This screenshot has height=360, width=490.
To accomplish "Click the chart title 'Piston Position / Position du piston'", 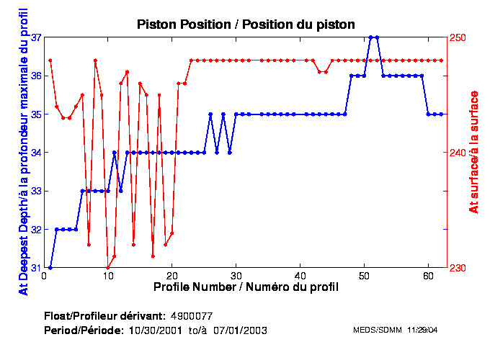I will coord(246,24).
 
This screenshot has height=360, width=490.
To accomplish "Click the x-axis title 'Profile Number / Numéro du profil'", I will coord(246,287).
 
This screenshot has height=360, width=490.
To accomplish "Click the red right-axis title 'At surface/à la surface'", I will coord(473,152).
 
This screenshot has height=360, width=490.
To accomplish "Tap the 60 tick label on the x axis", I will coord(428,276).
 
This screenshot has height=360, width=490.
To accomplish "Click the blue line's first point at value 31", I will coord(50,267).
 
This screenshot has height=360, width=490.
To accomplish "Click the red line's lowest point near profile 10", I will coord(108,267).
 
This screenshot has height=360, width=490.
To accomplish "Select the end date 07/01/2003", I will coord(243,330).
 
